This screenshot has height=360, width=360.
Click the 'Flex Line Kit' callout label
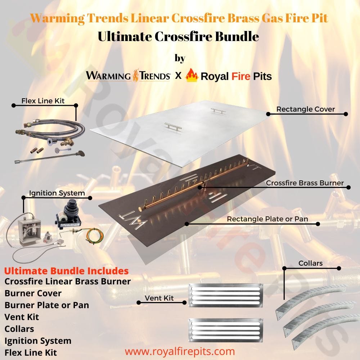click(43, 101)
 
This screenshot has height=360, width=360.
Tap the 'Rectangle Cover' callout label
click(305, 109)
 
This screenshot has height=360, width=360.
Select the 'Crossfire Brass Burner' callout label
click(305, 183)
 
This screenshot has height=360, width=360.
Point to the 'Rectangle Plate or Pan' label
click(267, 219)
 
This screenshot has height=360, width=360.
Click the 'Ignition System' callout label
click(57, 193)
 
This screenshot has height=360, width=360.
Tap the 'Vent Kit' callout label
click(159, 298)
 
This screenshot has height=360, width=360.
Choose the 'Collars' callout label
click(310, 263)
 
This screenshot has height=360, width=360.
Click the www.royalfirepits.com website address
click(180, 351)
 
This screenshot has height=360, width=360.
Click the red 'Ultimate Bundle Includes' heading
click(66, 271)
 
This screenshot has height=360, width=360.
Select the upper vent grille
click(225, 295)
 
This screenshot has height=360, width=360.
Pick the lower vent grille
click(225, 330)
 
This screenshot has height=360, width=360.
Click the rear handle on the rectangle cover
click(218, 111)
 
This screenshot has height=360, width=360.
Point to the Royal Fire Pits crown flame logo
click(192, 75)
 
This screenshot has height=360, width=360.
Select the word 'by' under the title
click(180, 58)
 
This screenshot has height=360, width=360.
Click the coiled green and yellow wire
click(95, 236)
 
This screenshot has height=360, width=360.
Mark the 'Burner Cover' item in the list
click(33, 293)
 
